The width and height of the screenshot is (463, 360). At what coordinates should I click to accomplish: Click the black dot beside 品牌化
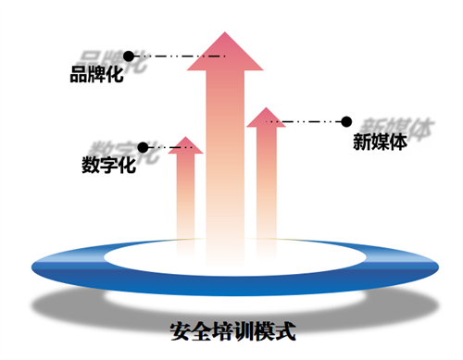(x=128, y=56)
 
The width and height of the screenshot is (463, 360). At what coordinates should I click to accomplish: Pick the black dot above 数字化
(x=142, y=147)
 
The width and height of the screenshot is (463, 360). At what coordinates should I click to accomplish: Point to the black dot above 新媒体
(x=346, y=121)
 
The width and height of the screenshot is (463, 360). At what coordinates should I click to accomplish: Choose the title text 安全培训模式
(x=231, y=329)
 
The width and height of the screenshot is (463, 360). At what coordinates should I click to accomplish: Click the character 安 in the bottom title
(x=181, y=329)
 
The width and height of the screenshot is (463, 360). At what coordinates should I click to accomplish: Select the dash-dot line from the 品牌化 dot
(x=176, y=56)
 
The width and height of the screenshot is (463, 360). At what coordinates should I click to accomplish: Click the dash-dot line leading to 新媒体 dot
(x=306, y=121)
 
